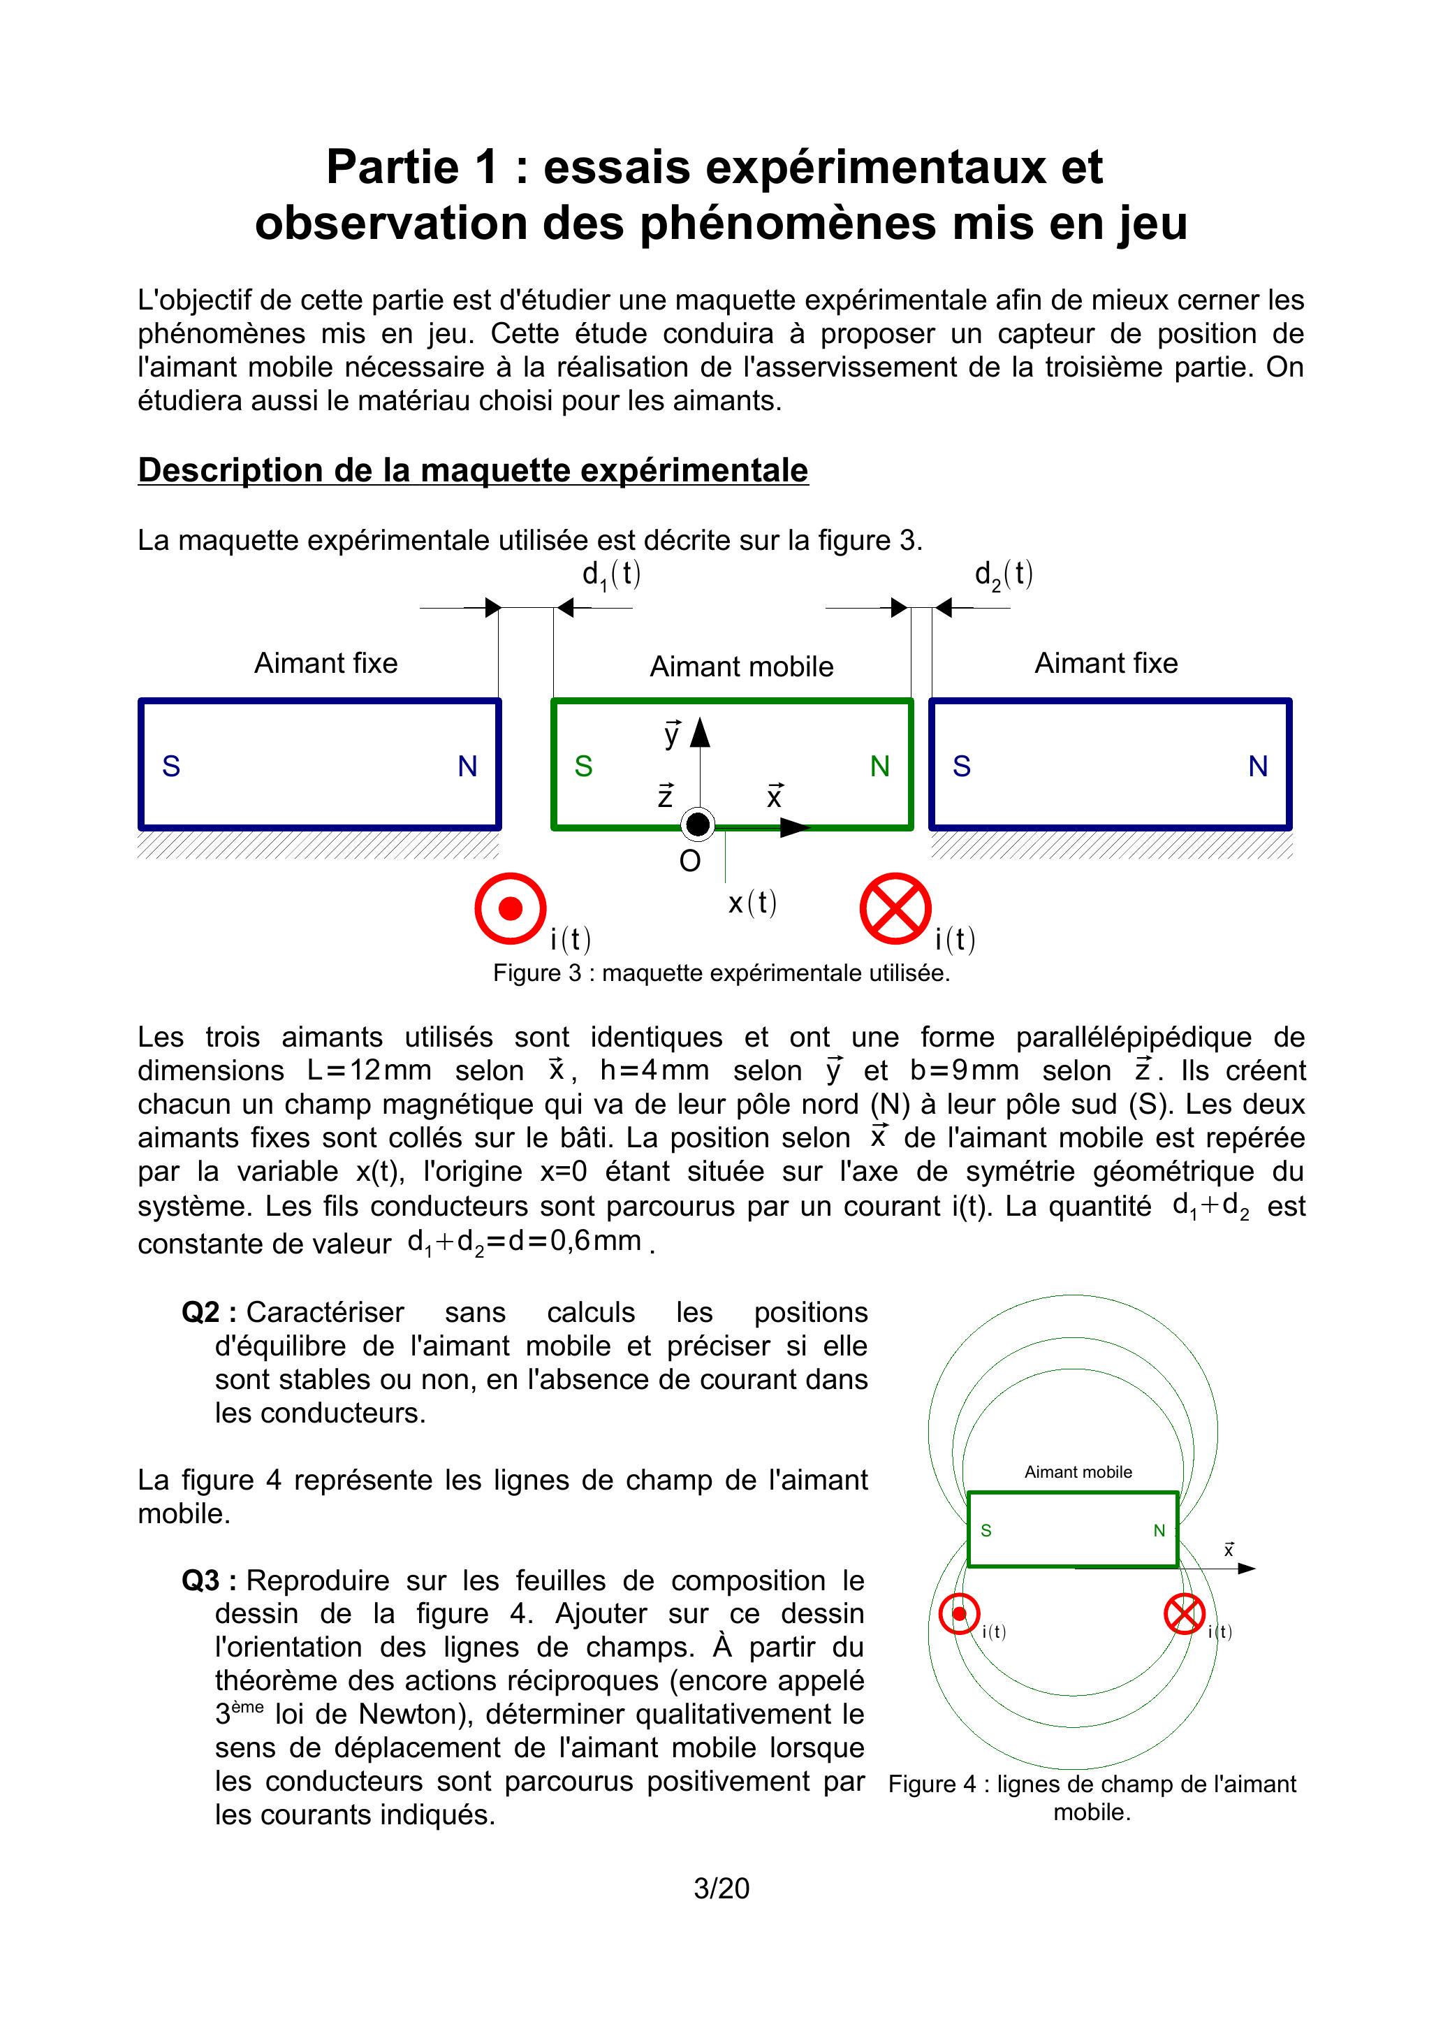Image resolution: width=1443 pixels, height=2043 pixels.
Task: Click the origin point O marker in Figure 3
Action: tap(698, 825)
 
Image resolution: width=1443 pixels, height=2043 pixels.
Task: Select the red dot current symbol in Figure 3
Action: tap(510, 908)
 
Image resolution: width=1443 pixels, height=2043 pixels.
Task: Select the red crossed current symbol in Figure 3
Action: tap(895, 908)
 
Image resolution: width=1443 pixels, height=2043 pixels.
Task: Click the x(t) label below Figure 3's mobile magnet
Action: tap(752, 903)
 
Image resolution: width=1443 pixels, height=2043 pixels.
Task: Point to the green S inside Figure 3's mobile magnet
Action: tap(584, 766)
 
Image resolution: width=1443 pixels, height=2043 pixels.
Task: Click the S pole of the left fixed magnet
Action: tap(172, 766)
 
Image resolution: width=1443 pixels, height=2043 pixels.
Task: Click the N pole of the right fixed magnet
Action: tap(1258, 766)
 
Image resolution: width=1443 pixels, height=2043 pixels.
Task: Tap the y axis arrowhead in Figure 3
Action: tap(700, 732)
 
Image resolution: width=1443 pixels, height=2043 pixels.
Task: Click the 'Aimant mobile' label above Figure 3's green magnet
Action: tap(741, 667)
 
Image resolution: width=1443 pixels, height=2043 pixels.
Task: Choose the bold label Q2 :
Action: tap(208, 1312)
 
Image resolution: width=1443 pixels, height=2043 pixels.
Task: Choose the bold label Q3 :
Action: tap(208, 1580)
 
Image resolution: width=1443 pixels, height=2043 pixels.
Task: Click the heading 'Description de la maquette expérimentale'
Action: tap(472, 470)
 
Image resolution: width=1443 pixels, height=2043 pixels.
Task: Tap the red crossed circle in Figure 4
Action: tap(1184, 1614)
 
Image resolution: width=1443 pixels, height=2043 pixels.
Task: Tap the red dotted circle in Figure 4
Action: tap(959, 1614)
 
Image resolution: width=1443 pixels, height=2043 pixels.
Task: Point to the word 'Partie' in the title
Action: tap(393, 167)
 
